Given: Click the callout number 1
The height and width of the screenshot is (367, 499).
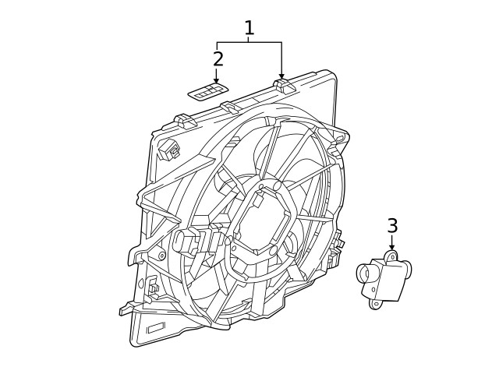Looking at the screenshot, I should click(249, 29).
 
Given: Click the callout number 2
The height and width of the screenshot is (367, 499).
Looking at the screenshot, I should click(218, 58).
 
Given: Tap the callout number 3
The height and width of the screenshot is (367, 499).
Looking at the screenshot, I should click(392, 226).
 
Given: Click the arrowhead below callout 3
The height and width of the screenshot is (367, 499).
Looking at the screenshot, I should click(392, 249).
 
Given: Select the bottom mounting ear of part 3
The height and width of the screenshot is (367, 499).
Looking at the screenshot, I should click(376, 304).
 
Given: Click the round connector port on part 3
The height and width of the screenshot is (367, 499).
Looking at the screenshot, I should click(365, 274).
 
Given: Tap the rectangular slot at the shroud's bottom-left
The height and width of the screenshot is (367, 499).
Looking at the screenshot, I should click(156, 327).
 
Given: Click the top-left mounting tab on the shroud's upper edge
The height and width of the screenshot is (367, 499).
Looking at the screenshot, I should click(184, 120).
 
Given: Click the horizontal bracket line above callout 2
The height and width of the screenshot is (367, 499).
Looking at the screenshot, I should click(249, 42).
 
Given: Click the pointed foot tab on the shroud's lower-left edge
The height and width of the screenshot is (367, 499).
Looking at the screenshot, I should click(125, 311).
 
